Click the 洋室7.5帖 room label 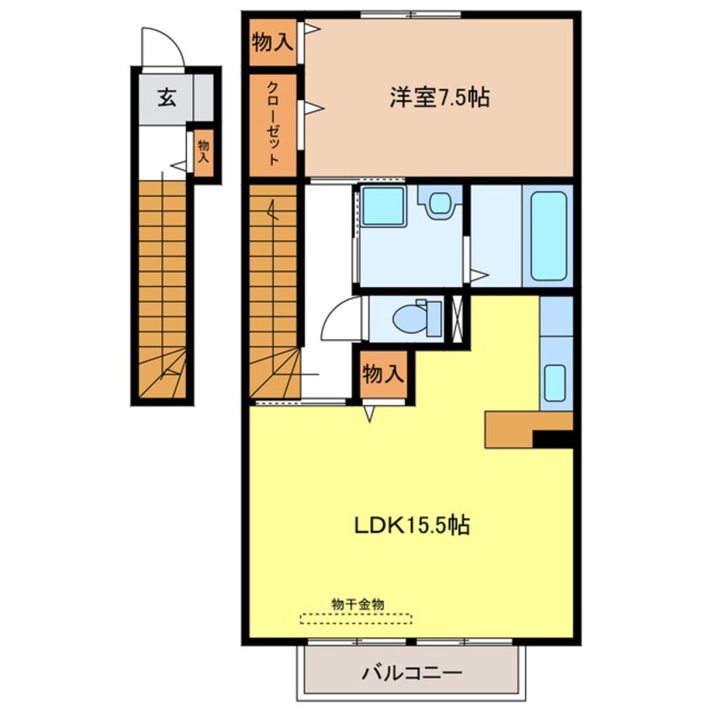coord(439,97)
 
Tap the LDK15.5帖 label coord(412,525)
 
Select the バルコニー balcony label coord(412,672)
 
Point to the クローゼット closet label coord(273,123)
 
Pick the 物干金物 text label coord(358,604)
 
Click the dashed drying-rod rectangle coord(355,619)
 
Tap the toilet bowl coord(409,318)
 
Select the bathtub coord(549,236)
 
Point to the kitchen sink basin coord(555,383)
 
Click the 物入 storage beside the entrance coord(204,152)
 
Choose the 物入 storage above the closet coord(273,42)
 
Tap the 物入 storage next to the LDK coord(383,375)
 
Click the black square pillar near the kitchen coord(553,439)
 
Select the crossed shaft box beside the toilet coord(457,318)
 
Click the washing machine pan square coord(384,206)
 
